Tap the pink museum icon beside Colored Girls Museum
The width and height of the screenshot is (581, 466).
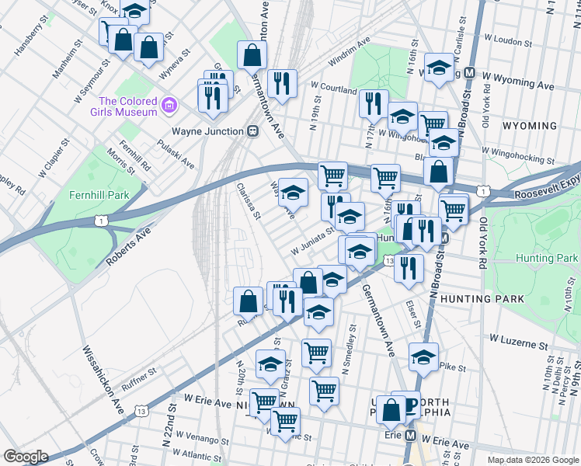point(171,103)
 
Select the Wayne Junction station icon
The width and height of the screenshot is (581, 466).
point(253,131)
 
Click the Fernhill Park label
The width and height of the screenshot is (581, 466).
point(98,194)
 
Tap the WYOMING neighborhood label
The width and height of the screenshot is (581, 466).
point(530,126)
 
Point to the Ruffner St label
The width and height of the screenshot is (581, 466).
point(139,373)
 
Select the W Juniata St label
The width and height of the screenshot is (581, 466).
point(312,241)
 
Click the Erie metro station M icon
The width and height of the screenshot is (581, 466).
point(409,435)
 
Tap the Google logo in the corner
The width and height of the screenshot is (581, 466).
point(26,457)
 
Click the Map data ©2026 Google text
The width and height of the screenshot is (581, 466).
point(532,459)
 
